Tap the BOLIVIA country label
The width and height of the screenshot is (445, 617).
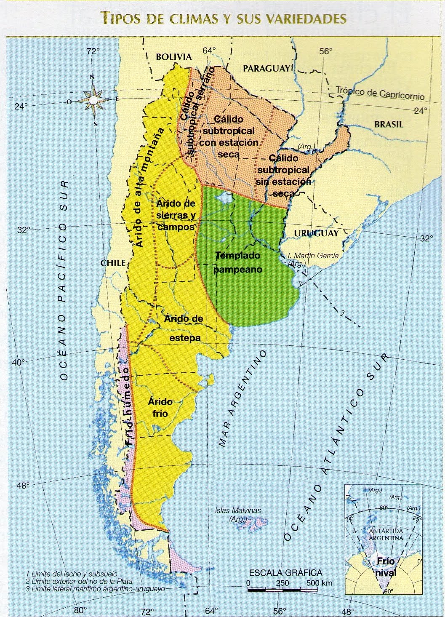tap(173, 57)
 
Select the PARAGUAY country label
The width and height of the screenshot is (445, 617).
tap(266, 68)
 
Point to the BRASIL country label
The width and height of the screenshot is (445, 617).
tap(388, 124)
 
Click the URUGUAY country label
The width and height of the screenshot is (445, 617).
tap(316, 233)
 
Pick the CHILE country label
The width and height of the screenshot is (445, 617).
tap(113, 263)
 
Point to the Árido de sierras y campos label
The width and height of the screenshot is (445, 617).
tap(176, 215)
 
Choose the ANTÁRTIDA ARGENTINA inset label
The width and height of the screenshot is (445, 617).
tap(386, 534)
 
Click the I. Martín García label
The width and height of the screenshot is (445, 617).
tap(313, 255)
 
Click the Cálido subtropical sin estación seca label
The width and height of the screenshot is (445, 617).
tap(284, 176)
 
